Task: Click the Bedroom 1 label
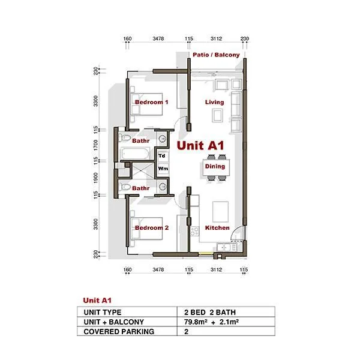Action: [152, 102]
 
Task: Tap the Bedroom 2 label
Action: [152, 228]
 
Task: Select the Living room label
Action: [214, 103]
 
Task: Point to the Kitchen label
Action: [217, 228]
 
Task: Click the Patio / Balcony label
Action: [216, 55]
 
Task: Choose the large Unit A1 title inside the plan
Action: [200, 146]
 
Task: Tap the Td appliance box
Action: [163, 156]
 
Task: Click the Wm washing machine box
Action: [163, 169]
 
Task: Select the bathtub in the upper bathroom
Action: [135, 154]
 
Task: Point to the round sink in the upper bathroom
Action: [163, 139]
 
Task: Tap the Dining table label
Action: [215, 166]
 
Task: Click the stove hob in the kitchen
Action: [194, 231]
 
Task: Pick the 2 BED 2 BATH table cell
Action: [210, 312]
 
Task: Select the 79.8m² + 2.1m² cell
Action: [211, 322]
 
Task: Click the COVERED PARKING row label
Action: [119, 332]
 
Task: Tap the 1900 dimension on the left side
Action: [96, 178]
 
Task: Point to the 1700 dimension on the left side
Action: [96, 145]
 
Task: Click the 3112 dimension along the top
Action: [216, 38]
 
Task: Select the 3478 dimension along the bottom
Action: [158, 269]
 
